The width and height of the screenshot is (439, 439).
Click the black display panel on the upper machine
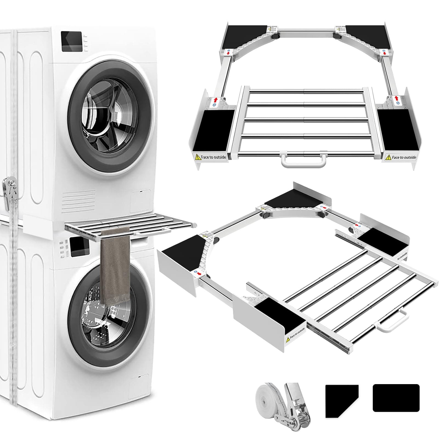[x=71, y=41]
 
